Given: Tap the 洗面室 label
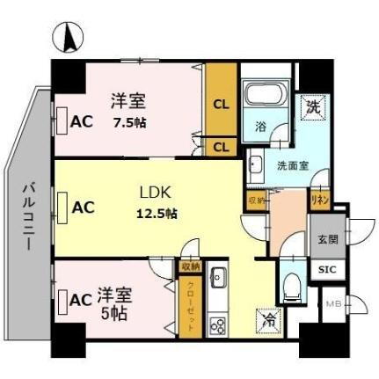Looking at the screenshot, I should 291,164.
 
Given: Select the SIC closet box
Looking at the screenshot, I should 326,269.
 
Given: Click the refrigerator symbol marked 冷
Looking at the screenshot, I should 268,322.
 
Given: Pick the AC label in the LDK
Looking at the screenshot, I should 83,208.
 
